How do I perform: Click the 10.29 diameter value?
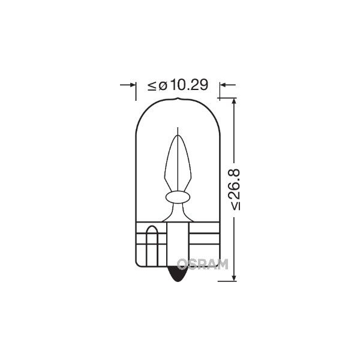(190, 85)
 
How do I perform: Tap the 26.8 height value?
(235, 184)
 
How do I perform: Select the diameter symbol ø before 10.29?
(163, 86)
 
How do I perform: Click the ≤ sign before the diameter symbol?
(152, 86)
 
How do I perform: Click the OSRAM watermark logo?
(203, 264)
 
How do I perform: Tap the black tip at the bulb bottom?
(178, 274)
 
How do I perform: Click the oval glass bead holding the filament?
(178, 197)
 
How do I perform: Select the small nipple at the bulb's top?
(178, 99)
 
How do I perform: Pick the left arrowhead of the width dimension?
(133, 85)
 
